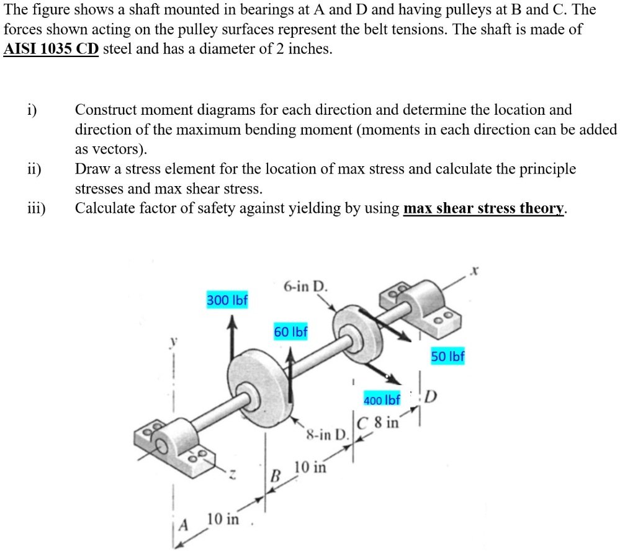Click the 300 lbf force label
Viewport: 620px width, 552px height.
click(227, 300)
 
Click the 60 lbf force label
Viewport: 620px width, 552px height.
click(290, 332)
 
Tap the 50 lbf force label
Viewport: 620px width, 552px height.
click(447, 357)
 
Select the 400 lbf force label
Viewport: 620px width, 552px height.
click(382, 399)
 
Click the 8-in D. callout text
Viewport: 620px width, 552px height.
click(327, 432)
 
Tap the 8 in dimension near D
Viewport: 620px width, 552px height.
click(385, 424)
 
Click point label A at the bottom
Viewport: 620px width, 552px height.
click(182, 525)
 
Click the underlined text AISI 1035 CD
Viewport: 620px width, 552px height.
click(51, 49)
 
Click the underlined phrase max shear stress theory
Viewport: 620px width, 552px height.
click(484, 208)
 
